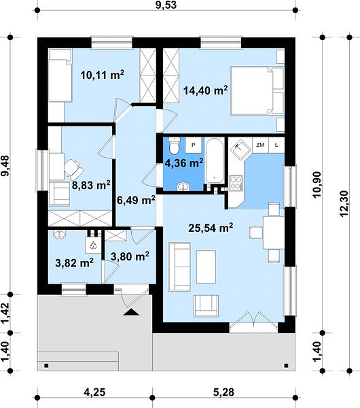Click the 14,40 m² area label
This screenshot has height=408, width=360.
[x=205, y=90]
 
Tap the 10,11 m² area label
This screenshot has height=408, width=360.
[x=102, y=75]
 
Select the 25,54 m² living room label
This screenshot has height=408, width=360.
[x=211, y=228]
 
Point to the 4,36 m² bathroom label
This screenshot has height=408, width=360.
[x=184, y=163]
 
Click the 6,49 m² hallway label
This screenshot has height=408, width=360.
[x=136, y=200]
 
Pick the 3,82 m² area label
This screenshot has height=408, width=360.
[x=74, y=262]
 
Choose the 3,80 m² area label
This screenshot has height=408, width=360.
[x=130, y=256]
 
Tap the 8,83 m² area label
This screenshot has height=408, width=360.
[x=91, y=186]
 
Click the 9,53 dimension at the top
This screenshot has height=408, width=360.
[x=166, y=5]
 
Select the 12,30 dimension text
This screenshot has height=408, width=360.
[x=344, y=204]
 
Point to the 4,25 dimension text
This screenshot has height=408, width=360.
[x=94, y=392]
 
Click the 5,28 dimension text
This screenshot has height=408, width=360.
[x=223, y=392]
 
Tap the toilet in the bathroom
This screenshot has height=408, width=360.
[x=174, y=146]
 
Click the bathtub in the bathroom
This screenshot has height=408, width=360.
[x=215, y=160]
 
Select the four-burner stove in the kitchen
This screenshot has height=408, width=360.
[x=236, y=182]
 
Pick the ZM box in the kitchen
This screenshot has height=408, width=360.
[x=260, y=145]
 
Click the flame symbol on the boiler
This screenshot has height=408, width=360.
[x=93, y=245]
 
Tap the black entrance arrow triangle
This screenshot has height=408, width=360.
[x=131, y=312]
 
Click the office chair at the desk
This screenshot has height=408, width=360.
[x=74, y=167]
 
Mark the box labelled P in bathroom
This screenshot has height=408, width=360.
[x=194, y=146]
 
